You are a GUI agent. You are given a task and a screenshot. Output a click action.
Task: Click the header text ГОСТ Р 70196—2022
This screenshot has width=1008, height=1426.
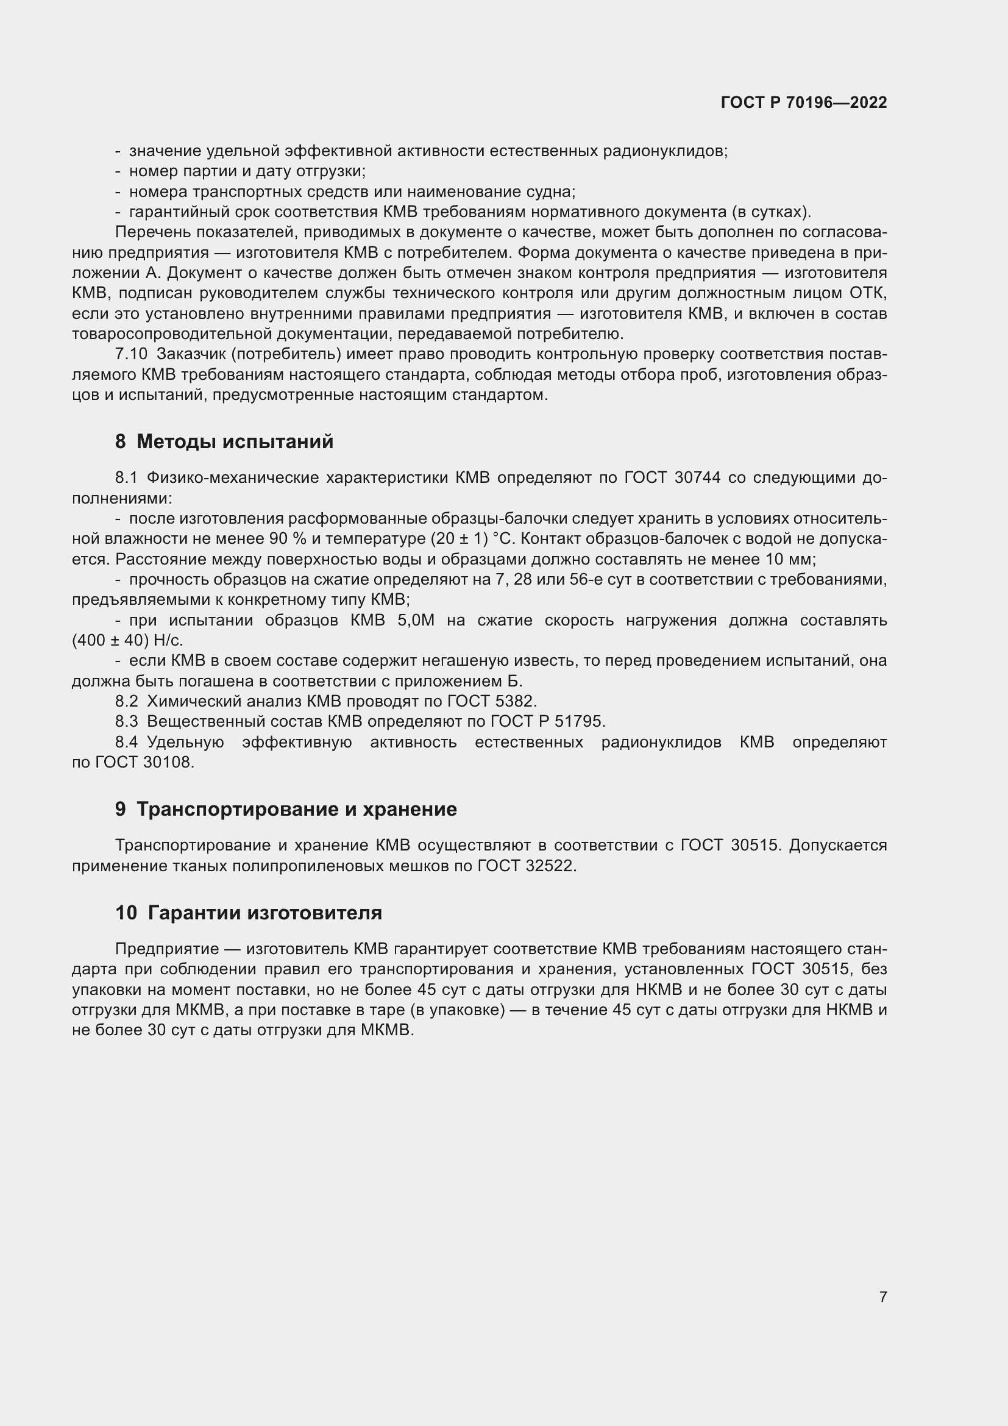tap(804, 102)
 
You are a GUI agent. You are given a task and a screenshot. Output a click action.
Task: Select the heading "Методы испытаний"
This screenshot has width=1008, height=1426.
tap(235, 441)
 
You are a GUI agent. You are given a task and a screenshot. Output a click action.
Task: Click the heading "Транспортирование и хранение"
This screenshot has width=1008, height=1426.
tap(296, 809)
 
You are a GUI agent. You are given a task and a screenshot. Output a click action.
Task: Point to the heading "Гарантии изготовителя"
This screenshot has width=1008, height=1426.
tap(265, 913)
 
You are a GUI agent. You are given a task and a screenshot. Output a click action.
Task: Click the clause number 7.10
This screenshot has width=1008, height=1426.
tap(131, 354)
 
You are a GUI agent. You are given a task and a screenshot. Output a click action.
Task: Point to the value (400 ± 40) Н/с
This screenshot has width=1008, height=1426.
tap(127, 640)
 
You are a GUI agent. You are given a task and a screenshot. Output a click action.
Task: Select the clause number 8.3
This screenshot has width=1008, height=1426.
tap(126, 721)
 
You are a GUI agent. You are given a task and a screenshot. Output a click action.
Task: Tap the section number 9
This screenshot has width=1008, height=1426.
tap(121, 809)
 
